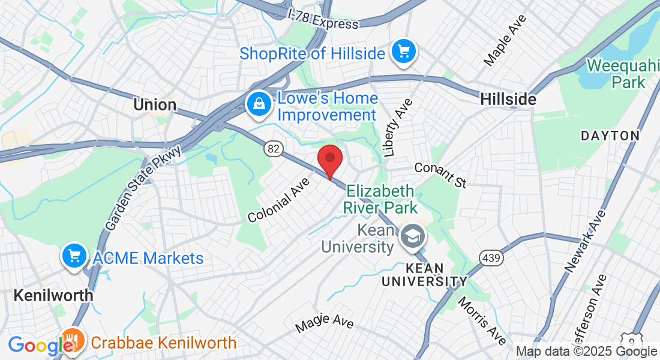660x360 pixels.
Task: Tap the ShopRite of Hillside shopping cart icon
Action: (404, 52)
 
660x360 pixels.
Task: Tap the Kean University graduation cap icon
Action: (412, 236)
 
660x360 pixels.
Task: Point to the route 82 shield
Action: (274, 149)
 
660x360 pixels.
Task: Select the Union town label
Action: (155, 105)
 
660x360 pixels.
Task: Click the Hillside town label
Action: (508, 100)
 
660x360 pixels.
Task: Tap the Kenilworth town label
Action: (53, 295)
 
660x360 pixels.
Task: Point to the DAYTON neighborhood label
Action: (610, 136)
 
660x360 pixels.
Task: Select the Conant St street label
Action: (440, 175)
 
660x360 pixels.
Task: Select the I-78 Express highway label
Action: (323, 18)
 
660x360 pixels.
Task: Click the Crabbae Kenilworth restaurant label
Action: (163, 343)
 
